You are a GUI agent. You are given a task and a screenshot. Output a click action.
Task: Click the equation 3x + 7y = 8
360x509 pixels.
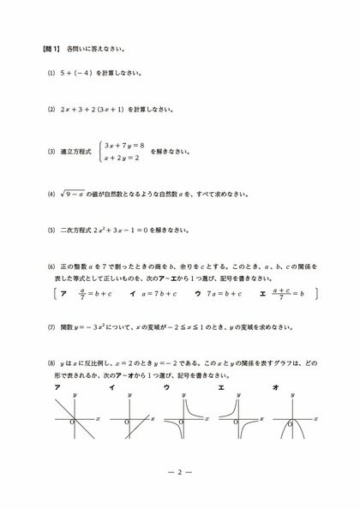(125, 146)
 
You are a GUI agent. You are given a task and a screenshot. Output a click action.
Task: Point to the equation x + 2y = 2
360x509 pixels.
(121, 159)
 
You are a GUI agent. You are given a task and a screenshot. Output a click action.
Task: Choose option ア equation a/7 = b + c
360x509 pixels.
(95, 293)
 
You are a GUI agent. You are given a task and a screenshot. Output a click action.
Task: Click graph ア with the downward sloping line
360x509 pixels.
(75, 421)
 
